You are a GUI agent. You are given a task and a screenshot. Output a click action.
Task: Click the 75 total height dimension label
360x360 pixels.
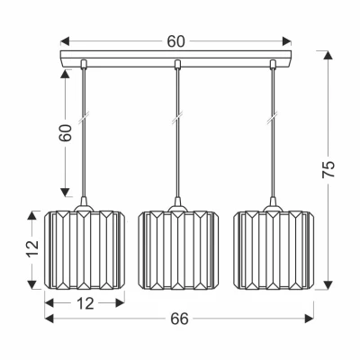[328, 170]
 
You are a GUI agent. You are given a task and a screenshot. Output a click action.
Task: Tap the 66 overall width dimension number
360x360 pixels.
[179, 319]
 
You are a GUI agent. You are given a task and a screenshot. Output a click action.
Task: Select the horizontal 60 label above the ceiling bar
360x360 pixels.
[176, 41]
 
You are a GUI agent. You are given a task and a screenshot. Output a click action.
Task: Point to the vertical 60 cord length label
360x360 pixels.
[66, 133]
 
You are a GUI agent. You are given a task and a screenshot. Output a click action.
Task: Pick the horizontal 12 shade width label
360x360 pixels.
[86, 304]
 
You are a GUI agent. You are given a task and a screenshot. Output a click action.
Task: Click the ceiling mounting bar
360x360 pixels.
[175, 58]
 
